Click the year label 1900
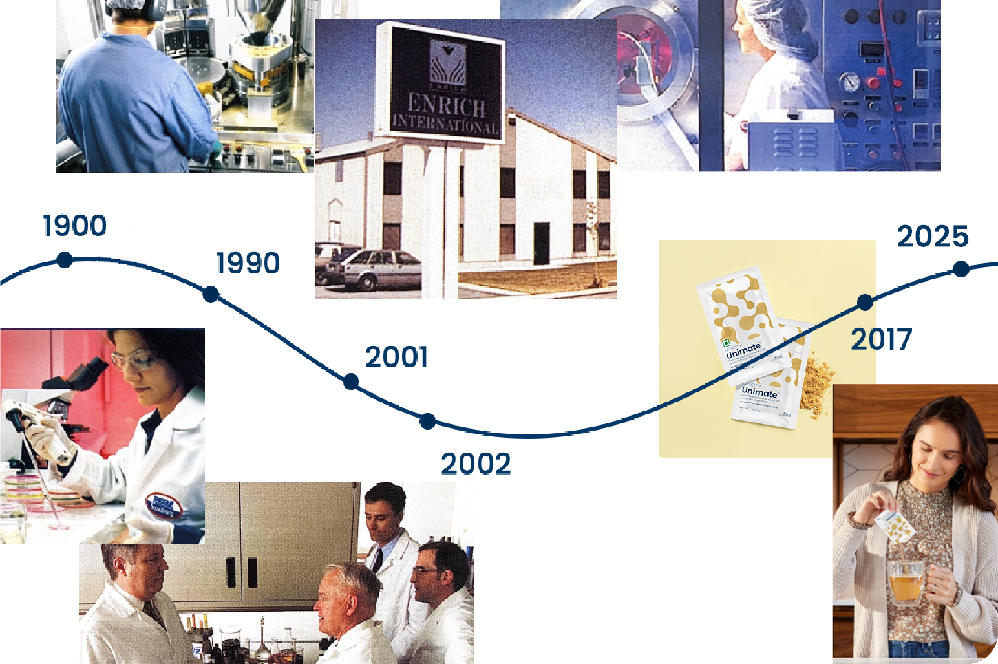pyautogui.click(x=74, y=226)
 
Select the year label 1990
pyautogui.click(x=248, y=263)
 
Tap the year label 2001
pyautogui.click(x=396, y=357)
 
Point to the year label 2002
pyautogui.click(x=476, y=464)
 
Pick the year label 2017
pyautogui.click(x=881, y=339)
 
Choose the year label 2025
pyautogui.click(x=932, y=237)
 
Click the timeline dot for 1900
pyautogui.click(x=65, y=260)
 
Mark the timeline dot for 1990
pyautogui.click(x=211, y=294)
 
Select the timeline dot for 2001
pyautogui.click(x=351, y=381)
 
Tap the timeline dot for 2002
pyautogui.click(x=427, y=422)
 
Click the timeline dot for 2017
pyautogui.click(x=865, y=302)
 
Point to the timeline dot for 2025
pyautogui.click(x=961, y=268)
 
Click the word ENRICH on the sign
pyautogui.click(x=446, y=104)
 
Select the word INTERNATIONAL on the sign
pyautogui.click(x=445, y=123)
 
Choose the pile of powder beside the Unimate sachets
pyautogui.click(x=815, y=387)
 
